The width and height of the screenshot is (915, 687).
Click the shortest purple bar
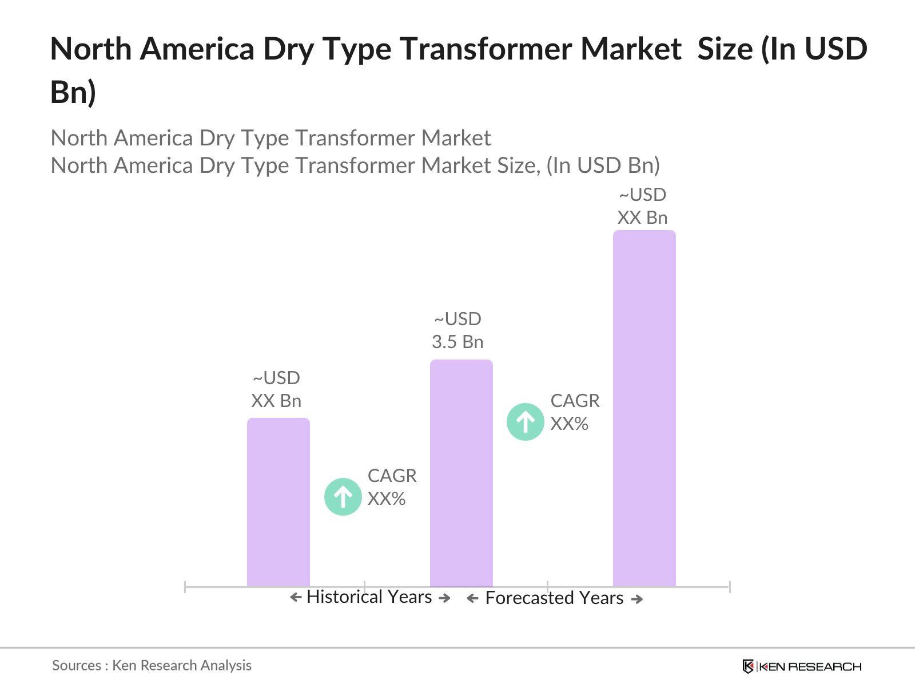click(x=278, y=502)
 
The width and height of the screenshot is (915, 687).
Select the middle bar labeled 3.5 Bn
click(x=461, y=473)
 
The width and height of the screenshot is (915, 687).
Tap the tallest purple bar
click(x=644, y=408)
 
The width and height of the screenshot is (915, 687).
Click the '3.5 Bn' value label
click(x=457, y=342)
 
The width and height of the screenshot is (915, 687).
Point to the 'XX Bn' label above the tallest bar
click(x=642, y=218)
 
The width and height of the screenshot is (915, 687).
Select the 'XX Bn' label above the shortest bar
click(x=276, y=401)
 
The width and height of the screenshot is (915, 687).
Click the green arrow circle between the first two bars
click(x=343, y=496)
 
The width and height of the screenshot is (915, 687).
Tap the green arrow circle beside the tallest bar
click(x=525, y=422)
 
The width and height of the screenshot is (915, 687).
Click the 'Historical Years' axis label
click(x=369, y=597)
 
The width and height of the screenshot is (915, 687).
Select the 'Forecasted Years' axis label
click(x=554, y=598)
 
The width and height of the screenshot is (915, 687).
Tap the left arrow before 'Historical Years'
click(x=296, y=598)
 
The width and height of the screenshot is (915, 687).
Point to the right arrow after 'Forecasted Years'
click(x=636, y=599)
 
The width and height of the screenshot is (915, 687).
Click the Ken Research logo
click(x=801, y=666)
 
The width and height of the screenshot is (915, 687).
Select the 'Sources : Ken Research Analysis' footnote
click(x=152, y=665)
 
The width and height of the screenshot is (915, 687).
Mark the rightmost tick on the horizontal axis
click(x=729, y=586)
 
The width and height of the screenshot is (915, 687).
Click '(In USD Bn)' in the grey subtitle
click(x=603, y=165)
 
